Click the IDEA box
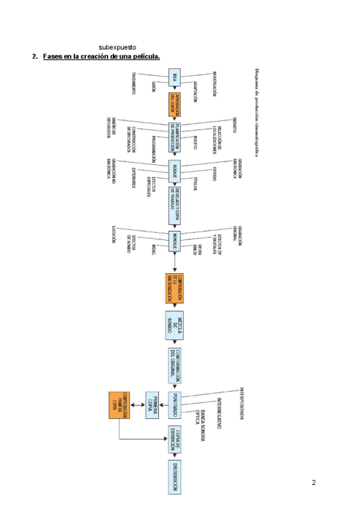point(175,77)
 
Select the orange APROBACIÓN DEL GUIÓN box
point(175,104)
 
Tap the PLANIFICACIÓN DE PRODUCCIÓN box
point(175,138)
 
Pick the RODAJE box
point(175,172)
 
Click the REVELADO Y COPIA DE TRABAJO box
point(175,205)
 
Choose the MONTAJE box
point(175,241)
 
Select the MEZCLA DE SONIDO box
point(175,325)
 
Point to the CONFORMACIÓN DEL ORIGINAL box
point(175,365)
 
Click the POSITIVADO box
point(175,405)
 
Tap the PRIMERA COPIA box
point(151,405)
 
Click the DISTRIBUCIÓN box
point(175,477)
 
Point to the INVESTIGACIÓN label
point(214,84)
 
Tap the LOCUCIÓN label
point(113,235)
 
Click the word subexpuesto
point(118,47)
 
